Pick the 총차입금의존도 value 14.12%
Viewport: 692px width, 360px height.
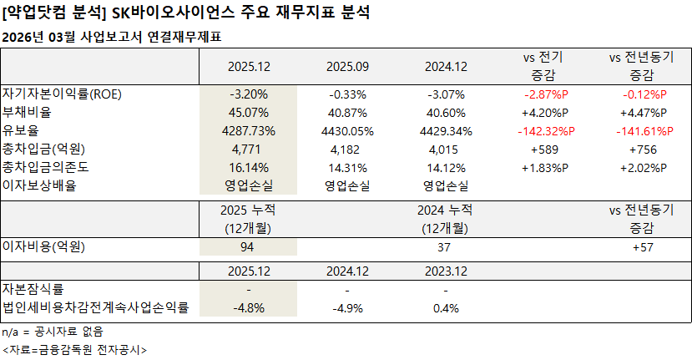(447, 168)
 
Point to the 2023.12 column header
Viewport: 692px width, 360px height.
(447, 271)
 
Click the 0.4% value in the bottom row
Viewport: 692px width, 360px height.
(447, 308)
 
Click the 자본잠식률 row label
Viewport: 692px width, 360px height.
(33, 289)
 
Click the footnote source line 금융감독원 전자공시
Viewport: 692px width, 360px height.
(74, 349)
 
